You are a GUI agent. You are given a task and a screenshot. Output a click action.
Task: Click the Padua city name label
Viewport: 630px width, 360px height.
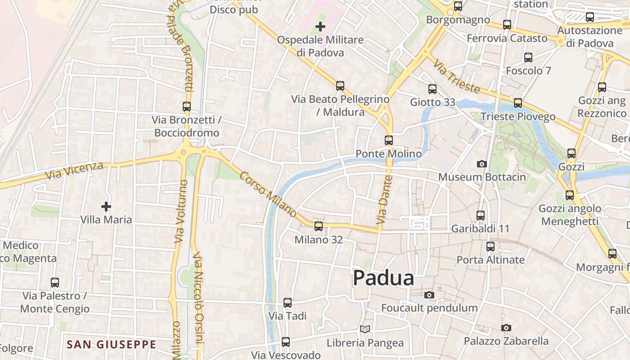pos(383,278)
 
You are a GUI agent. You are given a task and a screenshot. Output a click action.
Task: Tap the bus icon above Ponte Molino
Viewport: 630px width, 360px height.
pos(389,140)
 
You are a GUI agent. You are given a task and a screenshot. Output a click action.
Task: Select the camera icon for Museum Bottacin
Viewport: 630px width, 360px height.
pos(482,164)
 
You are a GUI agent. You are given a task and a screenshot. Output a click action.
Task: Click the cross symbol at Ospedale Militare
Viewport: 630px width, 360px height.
pos(320,27)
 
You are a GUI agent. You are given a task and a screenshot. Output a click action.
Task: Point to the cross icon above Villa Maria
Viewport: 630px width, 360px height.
pos(106,207)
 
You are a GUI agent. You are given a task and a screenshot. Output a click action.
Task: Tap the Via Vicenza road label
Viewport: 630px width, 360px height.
pos(74,171)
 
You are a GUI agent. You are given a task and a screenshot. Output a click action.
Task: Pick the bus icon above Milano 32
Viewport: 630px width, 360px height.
pos(319,226)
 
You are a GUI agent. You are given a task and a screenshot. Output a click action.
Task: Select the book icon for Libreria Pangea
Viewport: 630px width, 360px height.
pos(365,329)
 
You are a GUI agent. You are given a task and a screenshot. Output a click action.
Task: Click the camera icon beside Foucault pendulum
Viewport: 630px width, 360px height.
pos(429,295)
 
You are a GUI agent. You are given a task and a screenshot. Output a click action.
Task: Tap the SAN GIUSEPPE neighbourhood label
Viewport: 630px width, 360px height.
pos(111,345)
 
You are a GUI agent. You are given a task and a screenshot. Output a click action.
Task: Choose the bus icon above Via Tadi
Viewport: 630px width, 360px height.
pos(288,302)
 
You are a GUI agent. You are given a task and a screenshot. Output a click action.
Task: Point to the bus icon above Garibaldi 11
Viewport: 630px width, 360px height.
pos(481,215)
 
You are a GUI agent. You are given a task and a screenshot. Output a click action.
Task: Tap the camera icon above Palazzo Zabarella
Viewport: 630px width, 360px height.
pos(506,328)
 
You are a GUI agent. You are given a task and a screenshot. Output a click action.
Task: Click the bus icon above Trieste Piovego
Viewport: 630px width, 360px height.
pos(518,103)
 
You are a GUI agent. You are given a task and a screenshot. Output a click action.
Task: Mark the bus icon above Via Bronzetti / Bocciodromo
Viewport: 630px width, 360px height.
pos(187,107)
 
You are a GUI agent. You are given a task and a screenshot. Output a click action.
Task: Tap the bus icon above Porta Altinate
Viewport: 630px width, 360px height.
pos(490,246)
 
